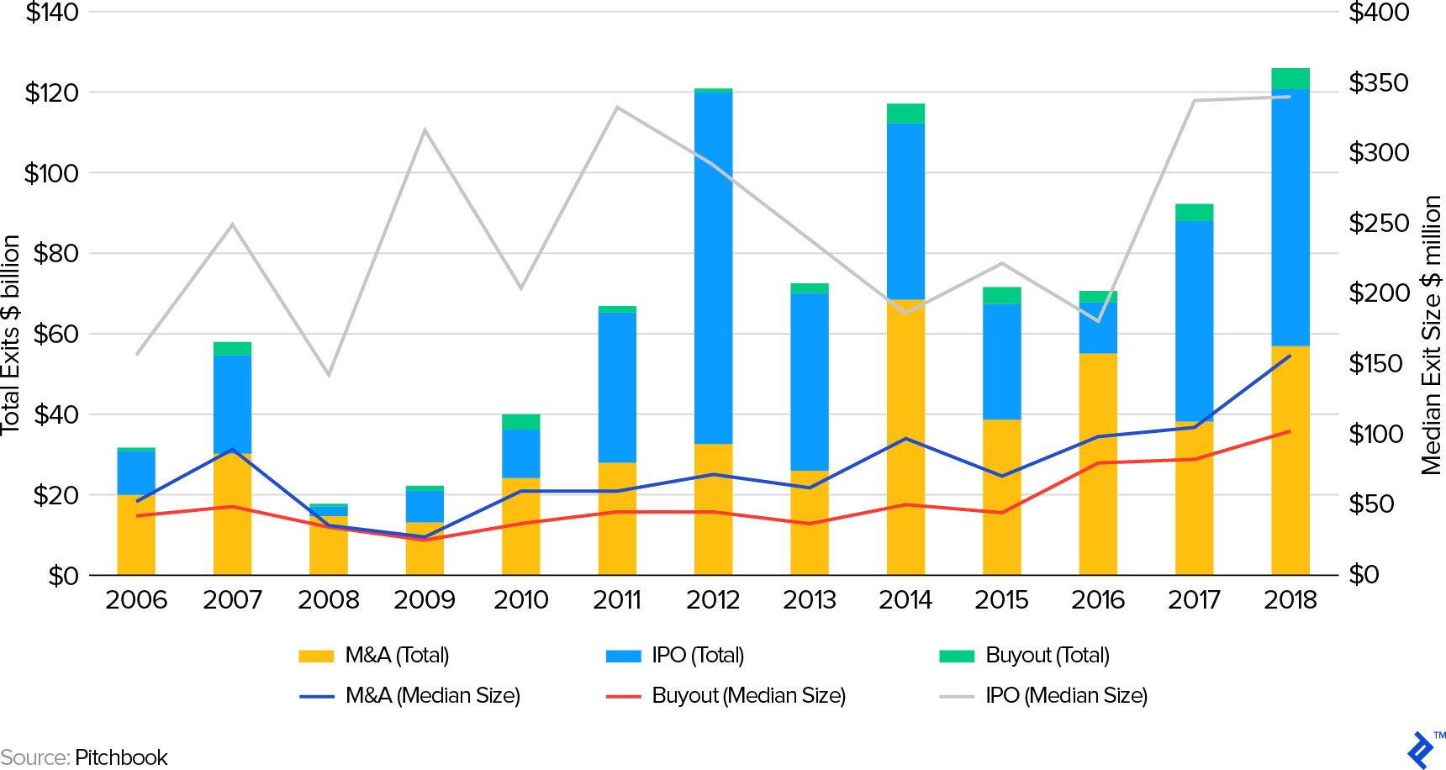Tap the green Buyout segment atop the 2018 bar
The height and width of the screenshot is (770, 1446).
1290,78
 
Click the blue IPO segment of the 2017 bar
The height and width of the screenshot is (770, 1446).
1194,319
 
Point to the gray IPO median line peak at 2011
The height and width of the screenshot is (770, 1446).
616,108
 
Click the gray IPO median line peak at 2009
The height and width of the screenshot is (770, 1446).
425,130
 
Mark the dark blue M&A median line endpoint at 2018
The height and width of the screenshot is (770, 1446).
1290,356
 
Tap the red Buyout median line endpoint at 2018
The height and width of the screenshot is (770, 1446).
1290,431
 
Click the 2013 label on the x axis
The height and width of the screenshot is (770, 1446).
809,600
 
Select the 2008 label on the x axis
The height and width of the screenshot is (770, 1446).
328,600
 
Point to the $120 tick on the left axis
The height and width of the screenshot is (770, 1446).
52,92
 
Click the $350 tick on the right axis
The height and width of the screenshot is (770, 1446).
1379,82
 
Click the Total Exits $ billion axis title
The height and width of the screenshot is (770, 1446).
10,335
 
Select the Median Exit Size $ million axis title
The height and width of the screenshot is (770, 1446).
1431,335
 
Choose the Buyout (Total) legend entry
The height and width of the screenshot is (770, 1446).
1047,655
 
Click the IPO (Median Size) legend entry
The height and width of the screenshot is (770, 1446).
1065,695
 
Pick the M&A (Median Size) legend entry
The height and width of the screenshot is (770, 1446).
432,695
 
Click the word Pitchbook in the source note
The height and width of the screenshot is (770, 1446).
121,757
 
